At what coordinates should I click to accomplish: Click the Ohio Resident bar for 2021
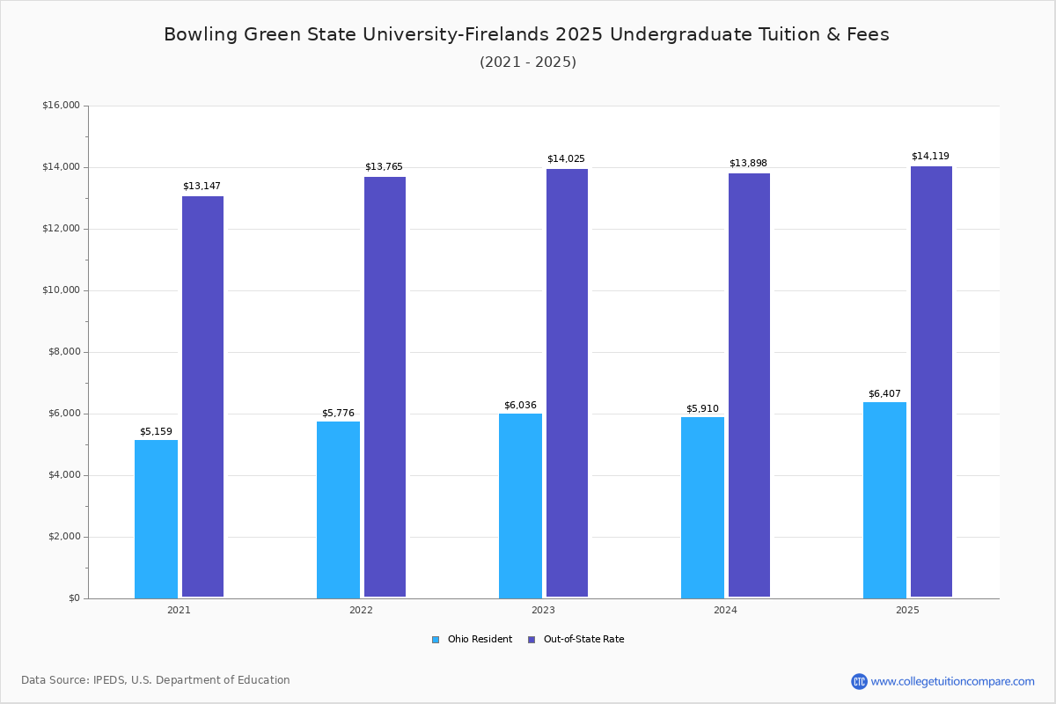pos(156,519)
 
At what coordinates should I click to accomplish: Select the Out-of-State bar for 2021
pos(202,397)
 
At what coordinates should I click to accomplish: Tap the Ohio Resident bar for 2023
pos(520,506)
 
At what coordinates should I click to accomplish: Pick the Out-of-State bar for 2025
pos(931,382)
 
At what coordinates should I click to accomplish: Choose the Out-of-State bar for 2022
pos(385,387)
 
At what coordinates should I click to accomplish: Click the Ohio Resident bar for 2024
pos(702,508)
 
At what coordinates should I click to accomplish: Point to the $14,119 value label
pos(930,157)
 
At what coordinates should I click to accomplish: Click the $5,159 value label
pos(156,432)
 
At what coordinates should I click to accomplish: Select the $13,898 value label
pos(748,164)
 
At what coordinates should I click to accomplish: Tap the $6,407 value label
pos(884,394)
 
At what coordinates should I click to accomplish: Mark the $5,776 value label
pos(338,414)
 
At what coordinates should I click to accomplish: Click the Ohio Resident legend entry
pos(473,640)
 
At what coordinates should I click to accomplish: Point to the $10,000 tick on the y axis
pos(61,290)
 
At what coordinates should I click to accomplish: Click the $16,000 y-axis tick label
pos(61,106)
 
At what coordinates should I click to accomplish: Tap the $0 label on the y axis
pos(73,598)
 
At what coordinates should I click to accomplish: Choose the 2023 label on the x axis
pos(543,610)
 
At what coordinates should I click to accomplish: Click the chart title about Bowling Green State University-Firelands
pos(526,34)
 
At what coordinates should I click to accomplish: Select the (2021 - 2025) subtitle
pos(527,62)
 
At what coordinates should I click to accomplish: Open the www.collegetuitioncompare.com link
pos(952,681)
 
